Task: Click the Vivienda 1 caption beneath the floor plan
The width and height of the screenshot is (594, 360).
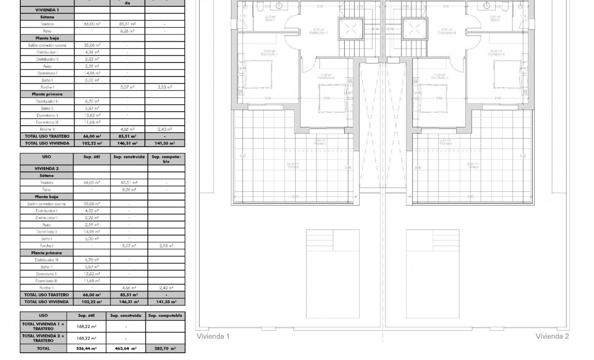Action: (213, 336)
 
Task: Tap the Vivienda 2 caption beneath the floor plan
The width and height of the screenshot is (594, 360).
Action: (552, 336)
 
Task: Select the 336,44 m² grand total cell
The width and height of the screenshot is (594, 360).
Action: (86, 348)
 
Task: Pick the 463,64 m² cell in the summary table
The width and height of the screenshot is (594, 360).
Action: (126, 348)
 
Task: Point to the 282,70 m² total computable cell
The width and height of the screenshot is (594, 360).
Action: (165, 348)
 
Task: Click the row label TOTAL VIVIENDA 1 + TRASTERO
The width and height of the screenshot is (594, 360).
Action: (44, 326)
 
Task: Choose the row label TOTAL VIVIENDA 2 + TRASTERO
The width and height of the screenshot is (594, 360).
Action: (44, 338)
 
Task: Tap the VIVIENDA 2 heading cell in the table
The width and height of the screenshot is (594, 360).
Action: (47, 168)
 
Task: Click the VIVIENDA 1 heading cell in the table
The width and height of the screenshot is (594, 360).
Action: (47, 9)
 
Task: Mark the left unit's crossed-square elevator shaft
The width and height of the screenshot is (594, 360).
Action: (350, 29)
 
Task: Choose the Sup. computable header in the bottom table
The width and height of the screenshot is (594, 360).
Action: (165, 315)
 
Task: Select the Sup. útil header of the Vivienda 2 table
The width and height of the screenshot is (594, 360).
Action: (92, 157)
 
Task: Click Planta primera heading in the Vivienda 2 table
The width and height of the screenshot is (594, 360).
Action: (47, 253)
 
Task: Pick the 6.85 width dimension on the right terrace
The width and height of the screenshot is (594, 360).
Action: (470, 197)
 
